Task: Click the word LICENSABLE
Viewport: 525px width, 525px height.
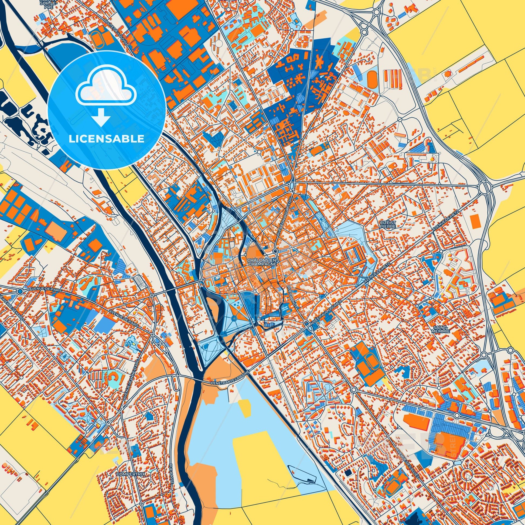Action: pos(106,139)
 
